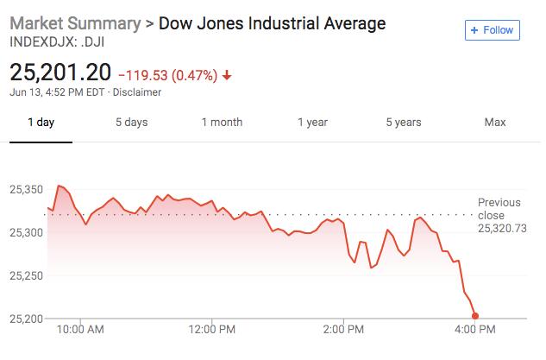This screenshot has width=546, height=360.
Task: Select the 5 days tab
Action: (x=131, y=122)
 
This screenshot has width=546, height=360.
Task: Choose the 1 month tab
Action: (x=222, y=122)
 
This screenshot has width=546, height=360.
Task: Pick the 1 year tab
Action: (x=312, y=122)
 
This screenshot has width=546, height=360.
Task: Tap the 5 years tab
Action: (x=404, y=122)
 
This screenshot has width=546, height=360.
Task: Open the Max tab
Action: (x=494, y=122)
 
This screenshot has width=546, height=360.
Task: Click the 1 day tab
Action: (x=40, y=122)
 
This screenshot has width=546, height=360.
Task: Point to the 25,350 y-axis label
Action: (x=28, y=189)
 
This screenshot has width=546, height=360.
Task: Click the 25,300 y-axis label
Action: (x=28, y=232)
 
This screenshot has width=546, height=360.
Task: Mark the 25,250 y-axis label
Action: (x=28, y=275)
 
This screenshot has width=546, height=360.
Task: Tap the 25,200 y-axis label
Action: (x=28, y=319)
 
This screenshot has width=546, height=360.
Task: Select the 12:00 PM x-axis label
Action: (x=211, y=329)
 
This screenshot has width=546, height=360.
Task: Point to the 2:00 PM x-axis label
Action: (x=343, y=329)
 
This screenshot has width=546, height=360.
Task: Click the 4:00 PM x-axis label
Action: (x=474, y=329)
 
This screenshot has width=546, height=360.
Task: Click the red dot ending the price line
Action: (x=475, y=316)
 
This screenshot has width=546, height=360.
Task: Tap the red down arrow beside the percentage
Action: (x=227, y=74)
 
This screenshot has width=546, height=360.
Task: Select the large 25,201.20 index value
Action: (x=61, y=73)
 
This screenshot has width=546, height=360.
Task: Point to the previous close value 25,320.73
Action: (x=500, y=228)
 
